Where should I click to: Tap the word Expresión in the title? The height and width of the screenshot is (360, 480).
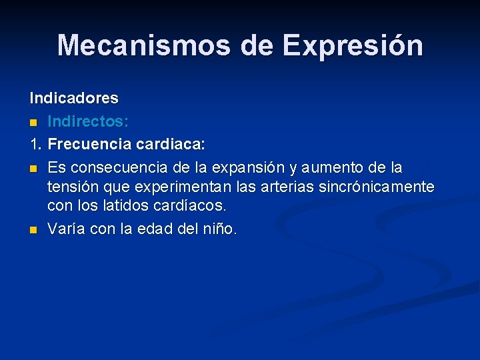pos(352,45)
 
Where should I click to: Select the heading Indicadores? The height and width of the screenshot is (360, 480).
pos(74,99)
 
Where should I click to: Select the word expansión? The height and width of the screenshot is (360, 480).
pos(256,166)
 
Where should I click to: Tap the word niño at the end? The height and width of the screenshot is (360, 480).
pos(217,229)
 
